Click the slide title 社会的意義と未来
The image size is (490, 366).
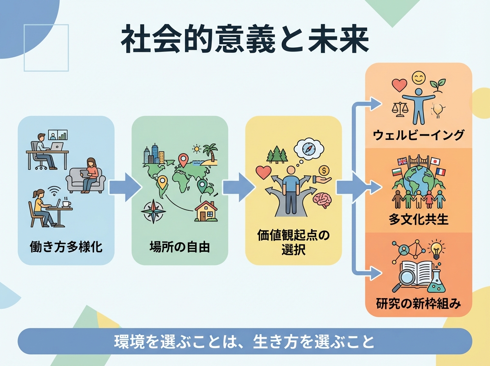coord(245,40)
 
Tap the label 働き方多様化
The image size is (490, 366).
coord(66,247)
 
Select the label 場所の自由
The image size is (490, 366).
coord(180,247)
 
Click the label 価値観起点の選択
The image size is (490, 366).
coord(293,242)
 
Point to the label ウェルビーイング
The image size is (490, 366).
coord(419,135)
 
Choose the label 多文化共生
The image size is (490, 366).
coord(419,220)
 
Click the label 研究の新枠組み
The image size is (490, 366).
coord(419,304)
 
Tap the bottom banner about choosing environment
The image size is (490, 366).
coord(245,341)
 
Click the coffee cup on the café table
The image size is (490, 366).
coord(65,203)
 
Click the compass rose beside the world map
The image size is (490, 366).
coord(153,211)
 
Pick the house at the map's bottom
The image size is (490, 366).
coord(206,211)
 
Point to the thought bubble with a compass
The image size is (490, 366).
coord(310,150)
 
